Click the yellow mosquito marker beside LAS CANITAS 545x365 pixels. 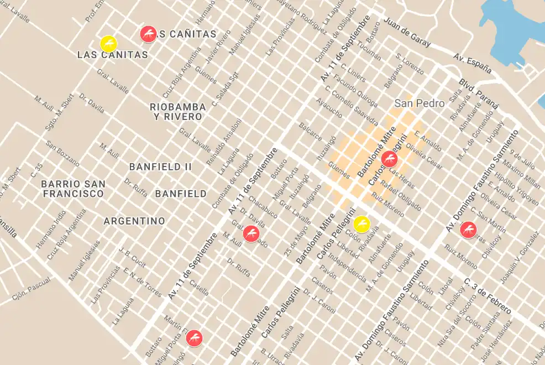click(x=108, y=43)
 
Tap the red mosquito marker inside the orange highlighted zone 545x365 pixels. click(x=390, y=159)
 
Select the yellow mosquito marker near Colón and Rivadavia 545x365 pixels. click(x=361, y=223)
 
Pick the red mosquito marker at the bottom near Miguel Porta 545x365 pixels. click(x=194, y=337)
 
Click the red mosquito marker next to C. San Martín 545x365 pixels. click(x=468, y=229)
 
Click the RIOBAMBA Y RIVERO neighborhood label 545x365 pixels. click(x=178, y=111)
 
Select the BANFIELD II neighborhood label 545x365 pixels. click(x=160, y=166)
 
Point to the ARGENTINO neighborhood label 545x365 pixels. click(x=134, y=221)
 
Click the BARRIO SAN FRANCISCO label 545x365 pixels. click(x=73, y=189)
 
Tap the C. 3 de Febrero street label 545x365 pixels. click(x=488, y=296)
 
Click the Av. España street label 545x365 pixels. click(x=473, y=64)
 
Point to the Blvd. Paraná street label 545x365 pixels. click(x=479, y=93)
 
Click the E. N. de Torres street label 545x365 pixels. click(x=142, y=281)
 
